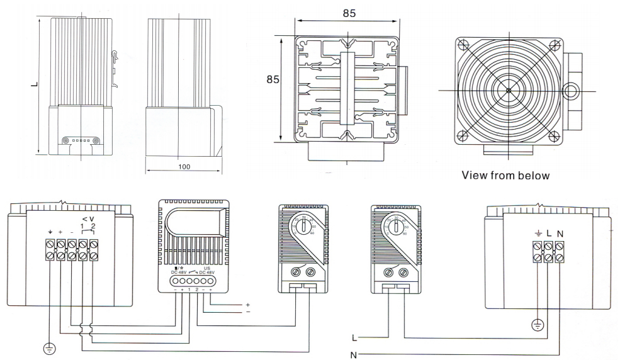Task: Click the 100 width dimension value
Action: [184, 167]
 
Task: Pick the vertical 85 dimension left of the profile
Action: [273, 81]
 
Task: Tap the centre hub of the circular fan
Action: [508, 90]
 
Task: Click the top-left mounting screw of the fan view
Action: [463, 45]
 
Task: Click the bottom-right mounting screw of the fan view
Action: [554, 135]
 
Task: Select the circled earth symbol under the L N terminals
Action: [537, 325]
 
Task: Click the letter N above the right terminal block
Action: [560, 233]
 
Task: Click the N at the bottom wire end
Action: [352, 354]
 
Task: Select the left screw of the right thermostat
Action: [388, 273]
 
